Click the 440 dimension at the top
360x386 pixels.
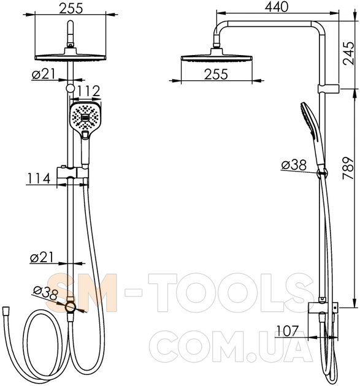277,7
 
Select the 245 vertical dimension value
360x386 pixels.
348,53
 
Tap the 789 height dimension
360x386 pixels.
348,168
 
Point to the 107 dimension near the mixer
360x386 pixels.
288,331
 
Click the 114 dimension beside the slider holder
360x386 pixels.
39,178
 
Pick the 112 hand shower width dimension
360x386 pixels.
89,91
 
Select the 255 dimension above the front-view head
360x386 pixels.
71,8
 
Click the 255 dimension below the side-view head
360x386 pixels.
216,74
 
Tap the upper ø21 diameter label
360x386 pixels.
44,74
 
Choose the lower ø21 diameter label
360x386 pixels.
42,257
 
